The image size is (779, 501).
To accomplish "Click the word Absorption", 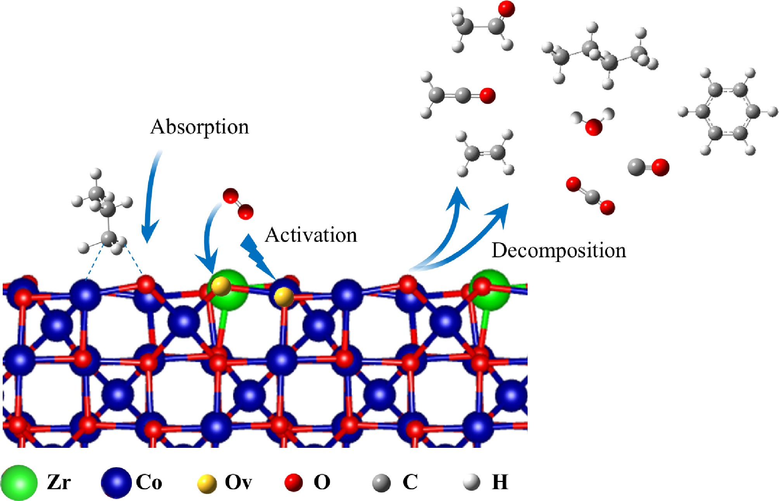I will [x=199, y=127].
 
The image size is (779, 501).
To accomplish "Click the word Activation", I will [x=311, y=235].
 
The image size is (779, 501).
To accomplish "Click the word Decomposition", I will [x=559, y=250].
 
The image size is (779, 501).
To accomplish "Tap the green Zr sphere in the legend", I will [x=19, y=482].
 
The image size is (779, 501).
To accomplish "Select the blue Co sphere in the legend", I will [x=116, y=482].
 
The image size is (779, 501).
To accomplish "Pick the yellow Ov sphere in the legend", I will [x=207, y=484].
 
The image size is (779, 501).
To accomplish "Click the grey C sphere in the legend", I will [x=381, y=483].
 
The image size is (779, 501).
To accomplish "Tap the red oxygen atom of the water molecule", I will [x=593, y=127].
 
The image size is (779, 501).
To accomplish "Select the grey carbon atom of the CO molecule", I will [x=637, y=167].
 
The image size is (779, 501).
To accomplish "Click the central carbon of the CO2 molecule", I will [x=591, y=196].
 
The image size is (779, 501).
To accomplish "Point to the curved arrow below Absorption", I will [x=151, y=198].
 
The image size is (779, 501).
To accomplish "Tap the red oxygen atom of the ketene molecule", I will [x=487, y=95].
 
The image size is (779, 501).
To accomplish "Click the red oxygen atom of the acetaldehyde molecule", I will [x=506, y=9].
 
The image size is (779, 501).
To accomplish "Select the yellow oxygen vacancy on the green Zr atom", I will [x=221, y=286].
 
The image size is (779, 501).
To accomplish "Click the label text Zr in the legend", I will [x=59, y=482].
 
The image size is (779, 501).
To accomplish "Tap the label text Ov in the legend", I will [x=238, y=482].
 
